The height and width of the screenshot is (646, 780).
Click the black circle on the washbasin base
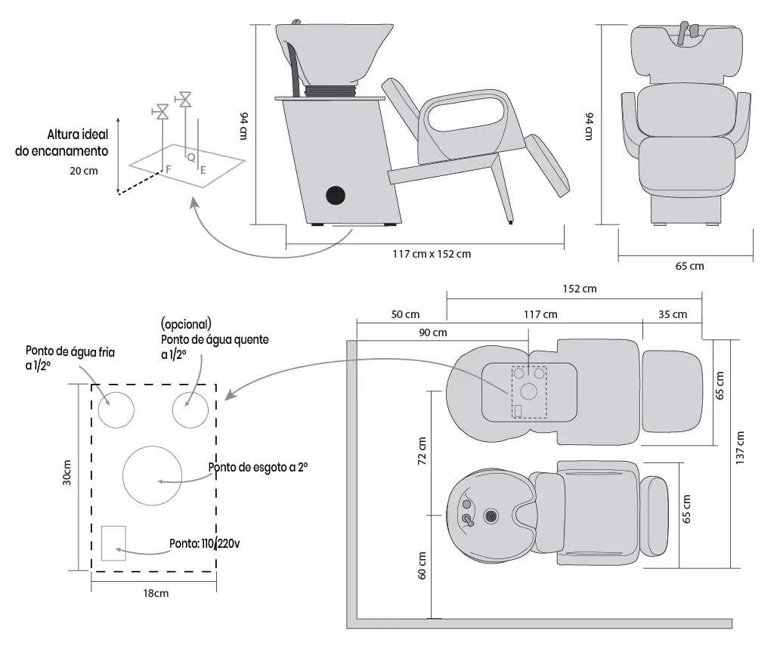[x=336, y=196]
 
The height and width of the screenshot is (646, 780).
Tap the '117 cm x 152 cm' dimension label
[x=432, y=254]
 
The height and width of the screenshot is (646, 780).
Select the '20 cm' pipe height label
[x=84, y=171]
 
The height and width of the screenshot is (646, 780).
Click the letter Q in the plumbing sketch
[x=191, y=158]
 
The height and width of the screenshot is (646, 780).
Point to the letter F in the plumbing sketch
[x=168, y=169]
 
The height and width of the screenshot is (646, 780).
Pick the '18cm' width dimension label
[x=156, y=593]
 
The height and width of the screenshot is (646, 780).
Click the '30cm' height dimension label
[x=67, y=472]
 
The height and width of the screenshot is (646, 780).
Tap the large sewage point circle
[x=152, y=476]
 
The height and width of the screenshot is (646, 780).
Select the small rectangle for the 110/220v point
[x=113, y=543]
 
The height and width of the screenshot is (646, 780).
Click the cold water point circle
[x=116, y=410]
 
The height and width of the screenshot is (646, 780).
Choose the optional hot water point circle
[x=190, y=410]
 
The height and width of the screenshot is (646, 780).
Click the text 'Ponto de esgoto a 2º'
[x=258, y=468]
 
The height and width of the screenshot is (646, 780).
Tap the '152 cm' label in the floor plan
[x=580, y=289]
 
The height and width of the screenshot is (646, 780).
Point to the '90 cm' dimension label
[x=433, y=332]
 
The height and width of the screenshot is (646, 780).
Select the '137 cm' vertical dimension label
[x=740, y=447]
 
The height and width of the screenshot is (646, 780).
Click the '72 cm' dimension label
[x=422, y=451]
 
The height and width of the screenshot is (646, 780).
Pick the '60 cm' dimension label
[x=422, y=565]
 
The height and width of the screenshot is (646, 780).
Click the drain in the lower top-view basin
[x=491, y=516]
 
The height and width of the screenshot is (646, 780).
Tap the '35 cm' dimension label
[x=673, y=315]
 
